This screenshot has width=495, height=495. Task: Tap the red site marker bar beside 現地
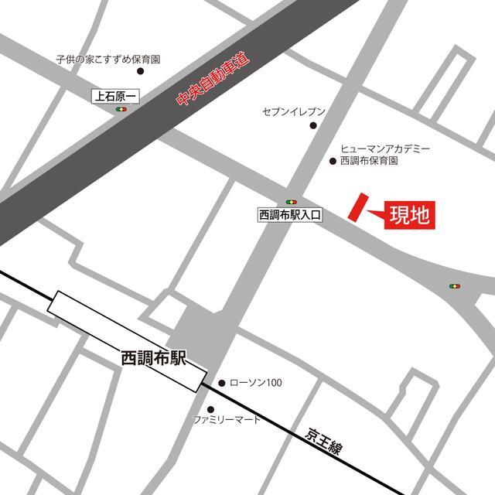(357, 207)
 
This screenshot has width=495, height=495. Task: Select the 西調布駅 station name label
(155, 358)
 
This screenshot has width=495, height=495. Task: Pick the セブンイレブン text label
(294, 111)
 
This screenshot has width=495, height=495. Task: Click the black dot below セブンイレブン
(313, 125)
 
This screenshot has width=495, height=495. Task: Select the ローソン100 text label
(257, 382)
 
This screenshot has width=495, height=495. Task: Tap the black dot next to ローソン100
(222, 382)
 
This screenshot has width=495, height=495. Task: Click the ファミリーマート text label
(227, 420)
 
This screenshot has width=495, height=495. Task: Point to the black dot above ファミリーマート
(210, 409)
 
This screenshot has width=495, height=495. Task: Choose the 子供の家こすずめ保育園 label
(108, 59)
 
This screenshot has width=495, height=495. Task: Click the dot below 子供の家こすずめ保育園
(140, 71)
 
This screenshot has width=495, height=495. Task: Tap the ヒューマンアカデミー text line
(384, 148)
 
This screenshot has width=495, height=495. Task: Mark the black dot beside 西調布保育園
(333, 162)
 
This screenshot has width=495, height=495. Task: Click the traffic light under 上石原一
(121, 110)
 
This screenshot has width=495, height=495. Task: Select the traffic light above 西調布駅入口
(291, 201)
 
